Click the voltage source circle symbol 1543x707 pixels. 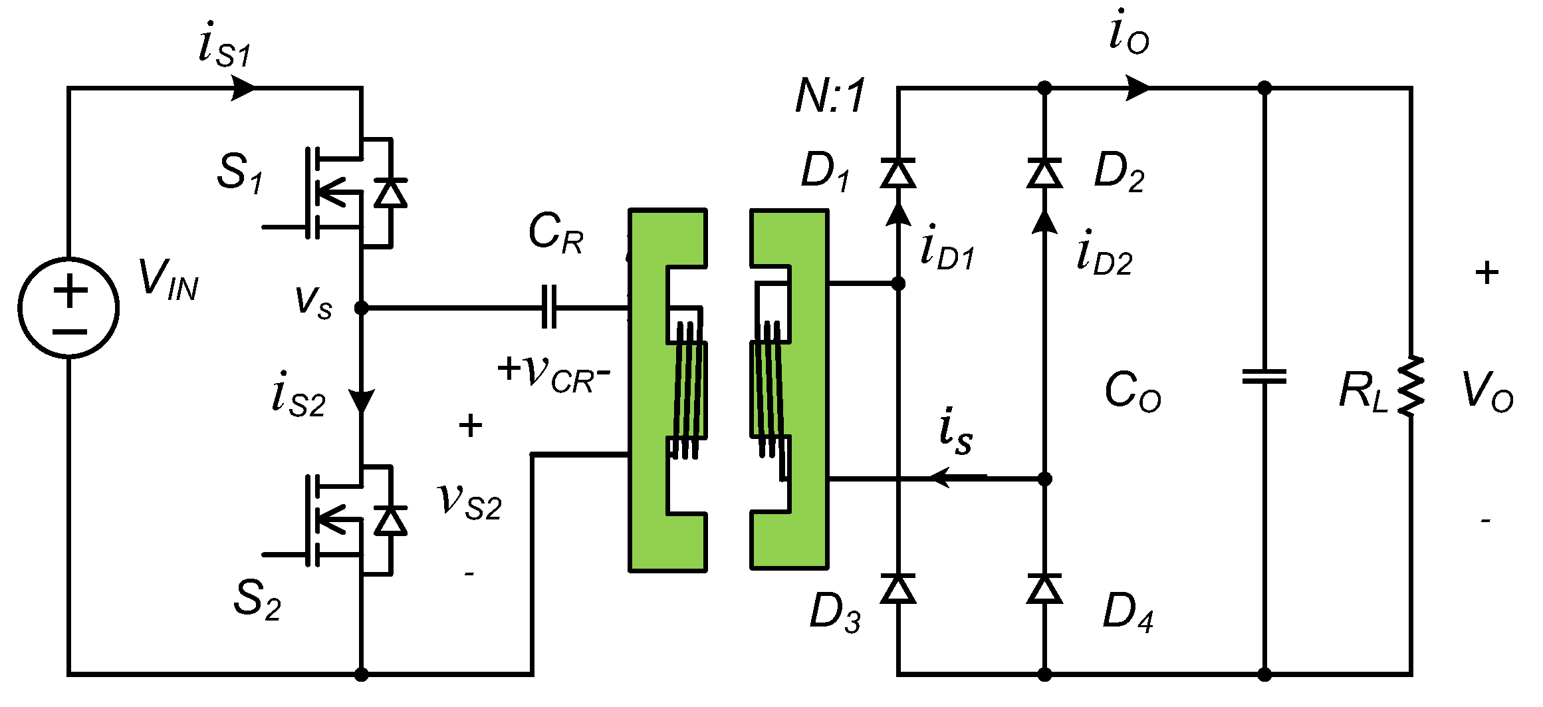point(68,308)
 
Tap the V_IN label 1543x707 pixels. point(168,279)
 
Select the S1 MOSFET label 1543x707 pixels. point(240,173)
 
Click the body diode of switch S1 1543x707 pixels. point(390,194)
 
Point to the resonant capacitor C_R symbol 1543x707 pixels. point(549,307)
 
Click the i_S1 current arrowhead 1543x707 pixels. point(243,87)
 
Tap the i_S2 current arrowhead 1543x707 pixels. point(362,402)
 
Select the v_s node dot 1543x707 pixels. point(361,308)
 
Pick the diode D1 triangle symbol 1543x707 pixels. point(897,173)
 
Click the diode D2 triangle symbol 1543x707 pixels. point(1044,173)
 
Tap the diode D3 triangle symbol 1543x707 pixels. point(897,589)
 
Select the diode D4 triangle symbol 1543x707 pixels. point(1044,589)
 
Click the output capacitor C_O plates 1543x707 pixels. point(1264,377)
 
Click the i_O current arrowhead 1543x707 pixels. point(1137,87)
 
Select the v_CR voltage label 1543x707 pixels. point(555,374)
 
